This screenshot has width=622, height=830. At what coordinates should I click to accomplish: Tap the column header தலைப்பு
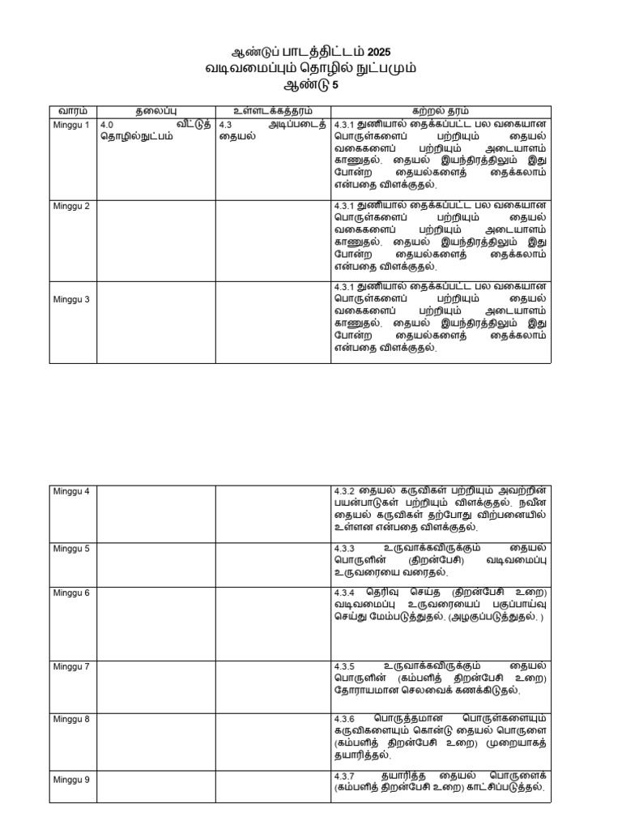156,111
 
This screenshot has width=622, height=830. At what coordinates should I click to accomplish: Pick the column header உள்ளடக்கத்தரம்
272,111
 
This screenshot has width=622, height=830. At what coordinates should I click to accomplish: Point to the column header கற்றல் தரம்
440,111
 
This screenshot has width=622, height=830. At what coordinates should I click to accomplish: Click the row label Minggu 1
71,124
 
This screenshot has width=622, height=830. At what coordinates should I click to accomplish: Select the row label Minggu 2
71,206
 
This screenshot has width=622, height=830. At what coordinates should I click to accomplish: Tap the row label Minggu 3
71,299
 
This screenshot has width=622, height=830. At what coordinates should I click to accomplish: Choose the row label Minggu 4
71,491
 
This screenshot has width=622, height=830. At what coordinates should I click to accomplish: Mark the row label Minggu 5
71,548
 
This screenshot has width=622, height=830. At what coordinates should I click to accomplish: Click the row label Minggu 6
71,593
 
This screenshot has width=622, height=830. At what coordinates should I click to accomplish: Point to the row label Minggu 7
71,666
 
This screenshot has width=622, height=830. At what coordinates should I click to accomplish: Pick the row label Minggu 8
71,719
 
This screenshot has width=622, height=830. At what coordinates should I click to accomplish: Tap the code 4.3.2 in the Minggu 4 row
345,492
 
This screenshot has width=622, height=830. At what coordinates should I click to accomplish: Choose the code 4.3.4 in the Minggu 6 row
345,593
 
